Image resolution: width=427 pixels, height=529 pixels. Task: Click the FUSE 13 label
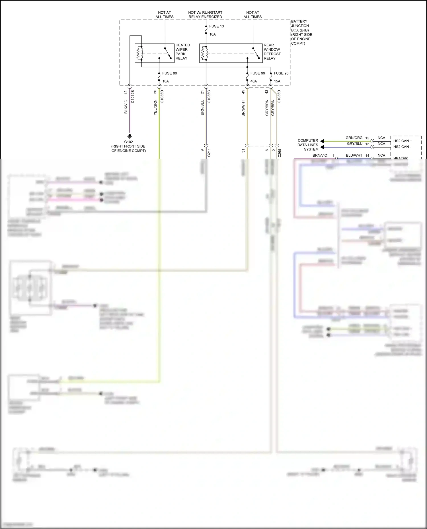[216, 26]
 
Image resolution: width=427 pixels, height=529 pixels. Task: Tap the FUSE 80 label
[169, 73]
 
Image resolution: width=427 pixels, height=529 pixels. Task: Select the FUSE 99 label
[258, 73]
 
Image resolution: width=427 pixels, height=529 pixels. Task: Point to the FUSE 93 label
[281, 73]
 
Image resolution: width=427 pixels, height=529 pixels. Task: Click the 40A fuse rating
[254, 81]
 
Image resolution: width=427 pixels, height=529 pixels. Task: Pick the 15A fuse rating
[277, 81]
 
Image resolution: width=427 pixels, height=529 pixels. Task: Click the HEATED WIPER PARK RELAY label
[182, 52]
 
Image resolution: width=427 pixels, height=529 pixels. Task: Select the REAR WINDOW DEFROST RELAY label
[272, 52]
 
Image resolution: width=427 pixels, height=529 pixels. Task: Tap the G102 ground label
[128, 142]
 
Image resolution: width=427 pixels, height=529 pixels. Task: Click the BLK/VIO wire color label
[126, 107]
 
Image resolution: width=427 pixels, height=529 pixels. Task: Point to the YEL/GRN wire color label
[155, 107]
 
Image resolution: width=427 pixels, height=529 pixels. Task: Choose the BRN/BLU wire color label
[202, 107]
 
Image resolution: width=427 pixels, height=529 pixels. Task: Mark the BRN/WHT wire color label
[243, 108]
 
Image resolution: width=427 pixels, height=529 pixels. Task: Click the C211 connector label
[209, 153]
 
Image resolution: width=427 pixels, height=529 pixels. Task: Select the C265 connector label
[280, 153]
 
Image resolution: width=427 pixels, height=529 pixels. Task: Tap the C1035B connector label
[132, 97]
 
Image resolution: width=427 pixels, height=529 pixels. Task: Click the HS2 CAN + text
[403, 141]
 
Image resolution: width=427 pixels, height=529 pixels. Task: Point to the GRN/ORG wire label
[354, 138]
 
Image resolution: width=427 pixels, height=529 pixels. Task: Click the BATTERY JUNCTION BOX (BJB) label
[301, 32]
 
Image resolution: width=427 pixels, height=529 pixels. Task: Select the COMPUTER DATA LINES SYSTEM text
[308, 145]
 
